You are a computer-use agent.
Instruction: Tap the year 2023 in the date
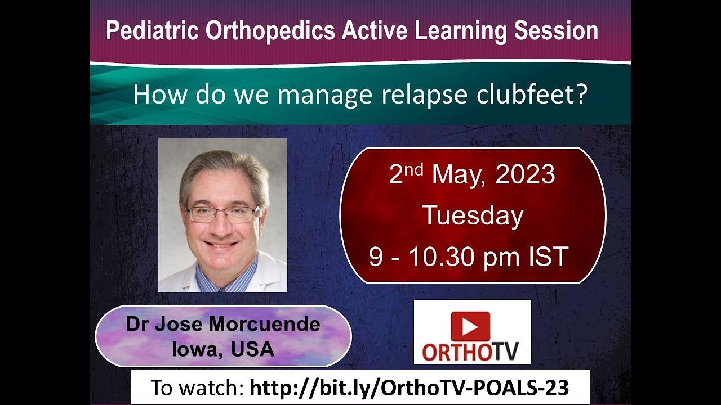(525, 175)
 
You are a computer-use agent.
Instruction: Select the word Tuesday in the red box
(473, 215)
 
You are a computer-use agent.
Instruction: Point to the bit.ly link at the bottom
(409, 388)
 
